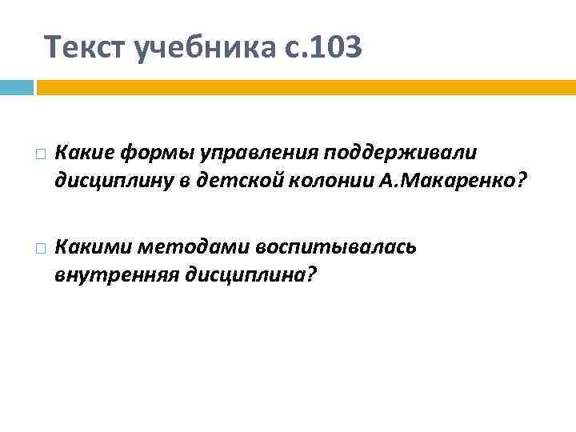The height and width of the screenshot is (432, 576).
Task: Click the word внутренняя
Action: click(117, 275)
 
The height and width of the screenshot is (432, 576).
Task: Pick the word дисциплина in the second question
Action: click(250, 275)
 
